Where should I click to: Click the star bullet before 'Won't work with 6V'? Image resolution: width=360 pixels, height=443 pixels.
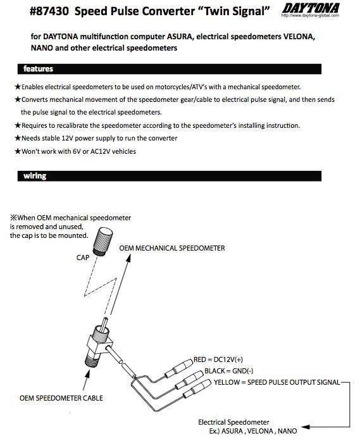[x=17, y=151]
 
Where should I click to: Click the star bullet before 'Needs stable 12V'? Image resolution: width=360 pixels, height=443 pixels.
[x=17, y=138]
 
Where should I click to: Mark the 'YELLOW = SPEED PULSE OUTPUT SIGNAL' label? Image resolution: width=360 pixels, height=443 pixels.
[x=276, y=382]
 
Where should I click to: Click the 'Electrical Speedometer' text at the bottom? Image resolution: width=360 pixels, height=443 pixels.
[x=233, y=421]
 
